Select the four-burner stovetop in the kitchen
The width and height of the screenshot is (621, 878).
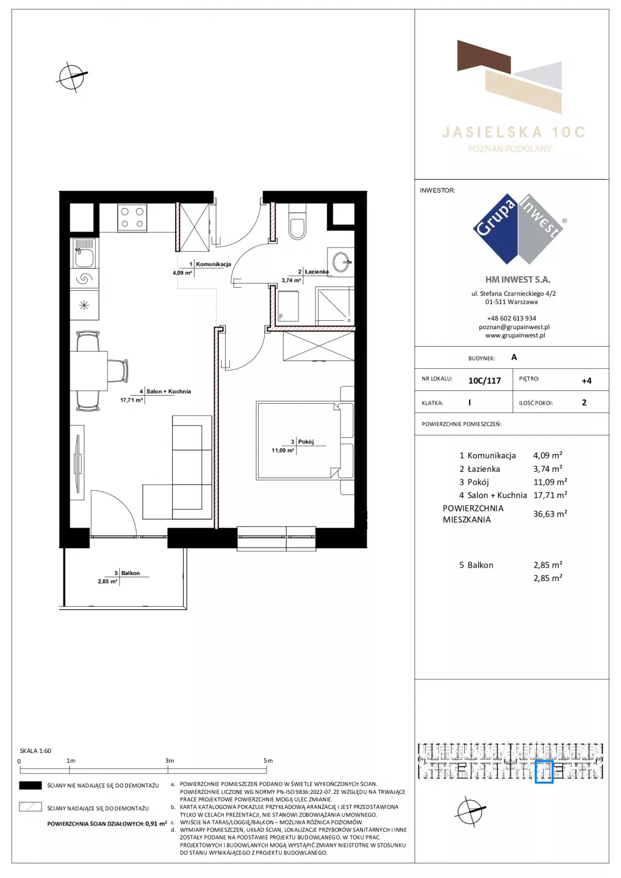[x=132, y=218]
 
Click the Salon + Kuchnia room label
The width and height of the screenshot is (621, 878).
[x=168, y=391]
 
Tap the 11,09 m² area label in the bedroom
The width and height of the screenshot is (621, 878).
[x=282, y=451]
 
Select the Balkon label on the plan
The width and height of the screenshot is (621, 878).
[x=130, y=573]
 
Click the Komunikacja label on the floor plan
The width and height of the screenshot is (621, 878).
[x=214, y=264]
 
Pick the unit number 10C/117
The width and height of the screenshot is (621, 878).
[x=484, y=380]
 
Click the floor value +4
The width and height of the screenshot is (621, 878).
[x=586, y=380]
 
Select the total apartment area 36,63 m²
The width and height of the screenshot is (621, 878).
[x=550, y=514]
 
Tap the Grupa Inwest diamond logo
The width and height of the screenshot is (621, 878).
[x=519, y=229]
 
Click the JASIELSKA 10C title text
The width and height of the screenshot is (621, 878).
[x=513, y=132]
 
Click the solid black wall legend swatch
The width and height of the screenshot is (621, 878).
[x=30, y=785]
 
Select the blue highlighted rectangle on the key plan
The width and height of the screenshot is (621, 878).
[x=544, y=772]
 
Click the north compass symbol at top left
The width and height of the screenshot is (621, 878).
[x=72, y=77]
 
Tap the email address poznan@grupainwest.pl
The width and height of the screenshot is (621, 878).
[x=514, y=327]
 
